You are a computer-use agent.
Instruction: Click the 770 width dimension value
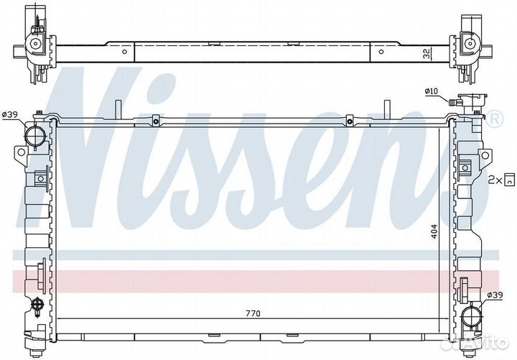[x=253, y=313]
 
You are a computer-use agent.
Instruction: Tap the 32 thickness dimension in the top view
[x=427, y=54]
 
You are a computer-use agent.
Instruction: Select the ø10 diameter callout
[x=432, y=91]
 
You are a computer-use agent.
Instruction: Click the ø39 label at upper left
[x=9, y=114]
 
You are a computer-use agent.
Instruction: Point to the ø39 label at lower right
[x=495, y=295]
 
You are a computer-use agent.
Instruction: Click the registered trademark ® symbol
[x=495, y=119]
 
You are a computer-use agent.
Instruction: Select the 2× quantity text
[x=495, y=180]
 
